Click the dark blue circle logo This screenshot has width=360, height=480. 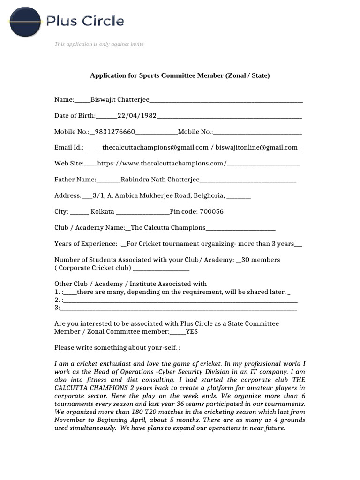pyautogui.click(x=26, y=22)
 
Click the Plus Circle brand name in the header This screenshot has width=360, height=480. pyautogui.click(x=85, y=21)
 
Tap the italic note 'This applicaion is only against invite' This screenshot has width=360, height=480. pyautogui.click(x=99, y=44)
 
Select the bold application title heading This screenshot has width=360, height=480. pyautogui.click(x=180, y=75)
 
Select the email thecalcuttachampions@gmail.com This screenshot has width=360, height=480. pyautogui.click(x=155, y=147)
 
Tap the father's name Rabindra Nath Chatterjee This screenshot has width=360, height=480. pyautogui.click(x=160, y=180)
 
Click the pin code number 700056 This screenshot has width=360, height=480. pyautogui.click(x=211, y=211)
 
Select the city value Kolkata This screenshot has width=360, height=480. pyautogui.click(x=102, y=211)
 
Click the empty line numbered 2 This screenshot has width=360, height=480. pyautogui.click(x=178, y=300)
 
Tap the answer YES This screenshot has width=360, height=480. pyautogui.click(x=192, y=331)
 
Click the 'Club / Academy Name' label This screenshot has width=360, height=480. pyautogui.click(x=89, y=228)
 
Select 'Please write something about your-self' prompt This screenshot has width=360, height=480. pyautogui.click(x=117, y=348)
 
